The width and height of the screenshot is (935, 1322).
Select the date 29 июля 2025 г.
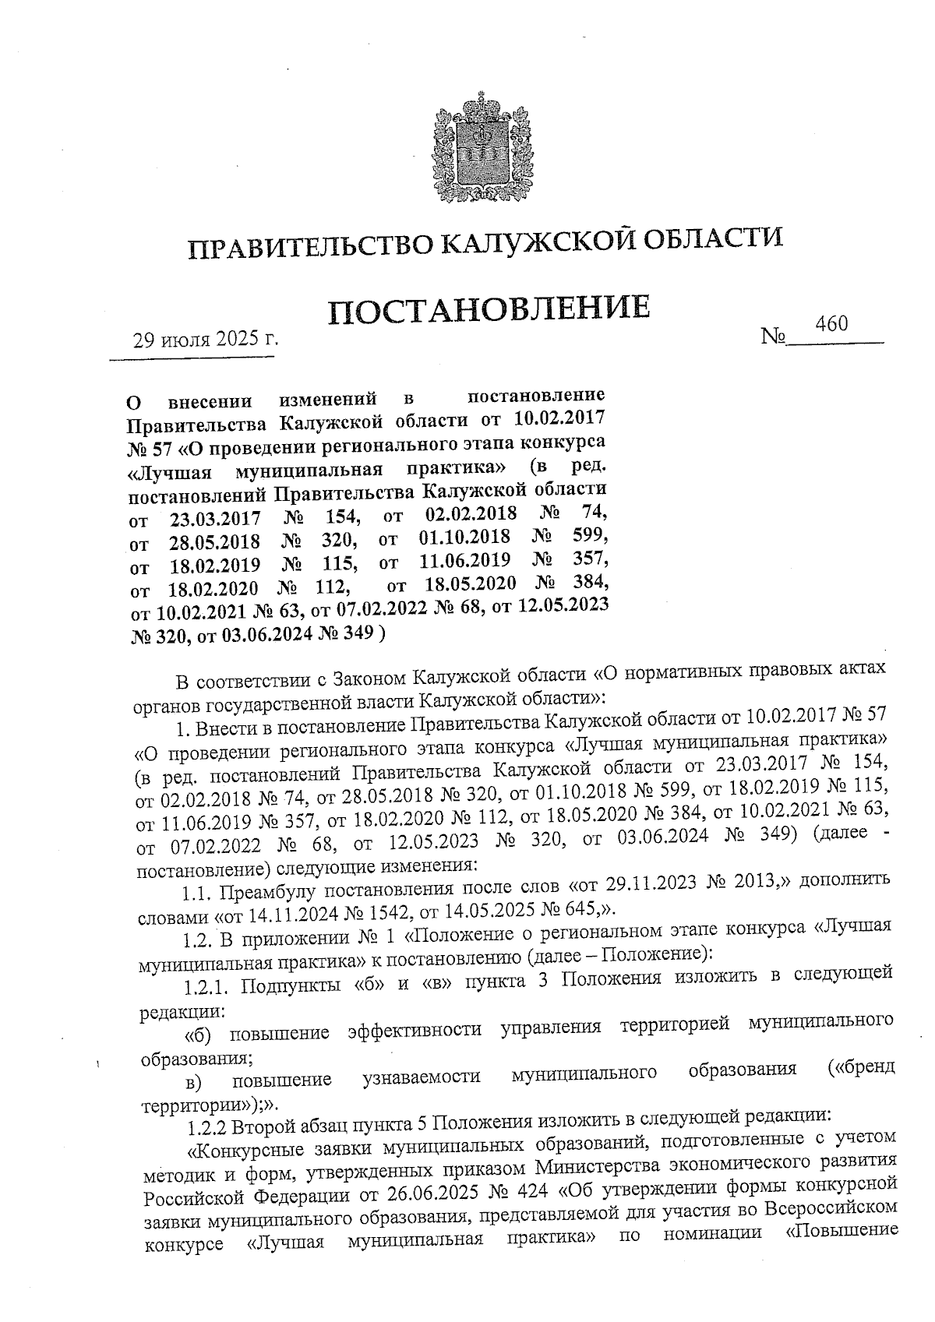pos(205,340)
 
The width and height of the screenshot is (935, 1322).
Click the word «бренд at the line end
pos(859,1066)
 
